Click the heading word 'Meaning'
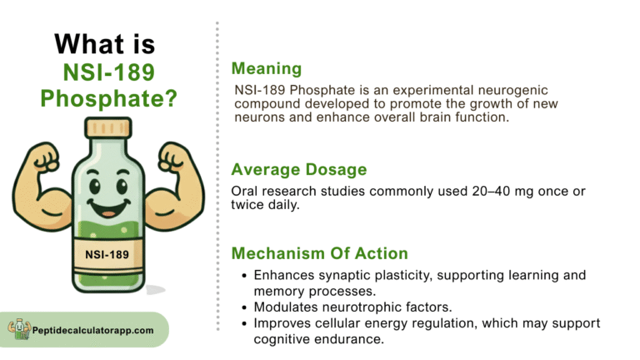tap(267, 68)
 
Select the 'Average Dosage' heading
tap(299, 169)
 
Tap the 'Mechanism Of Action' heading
tap(320, 253)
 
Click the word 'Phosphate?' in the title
tap(108, 99)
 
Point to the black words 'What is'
tap(105, 43)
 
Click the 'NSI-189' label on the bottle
tap(107, 255)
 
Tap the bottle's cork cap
tap(108, 127)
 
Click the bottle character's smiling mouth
tap(109, 207)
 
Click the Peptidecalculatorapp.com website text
tap(93, 330)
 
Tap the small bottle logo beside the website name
tap(19, 329)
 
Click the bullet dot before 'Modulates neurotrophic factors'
tap(244, 307)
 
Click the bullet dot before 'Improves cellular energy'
tap(244, 323)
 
